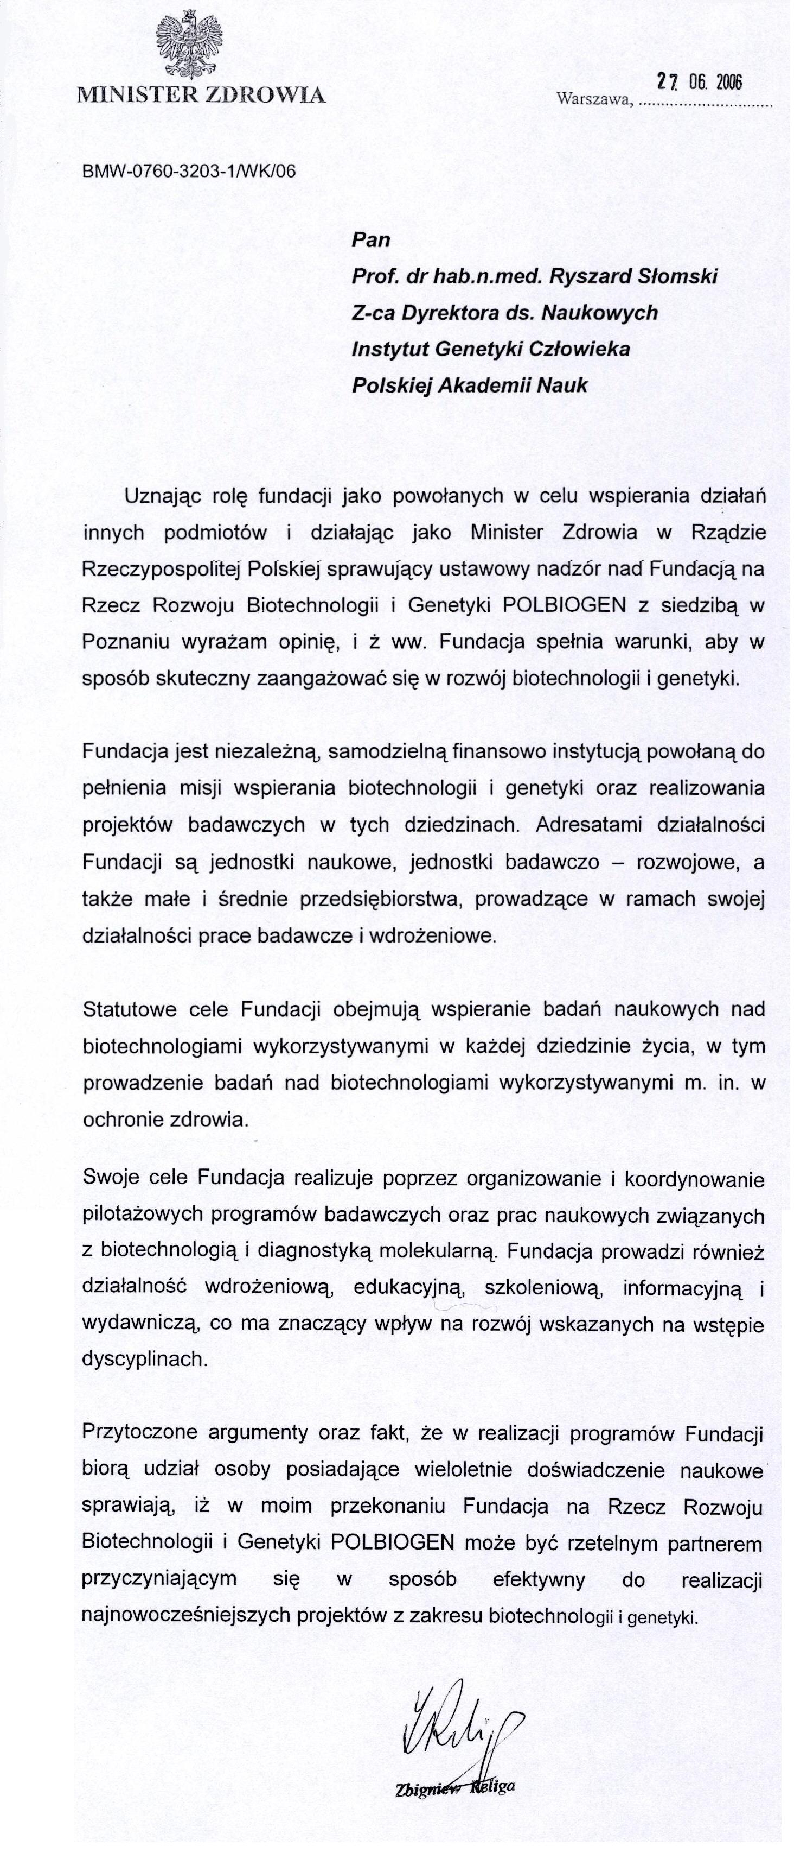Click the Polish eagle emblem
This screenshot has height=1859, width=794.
pos(188,44)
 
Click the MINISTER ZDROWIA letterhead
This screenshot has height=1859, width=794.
pos(202,94)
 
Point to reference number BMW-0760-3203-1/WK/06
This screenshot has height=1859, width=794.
pos(189,172)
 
